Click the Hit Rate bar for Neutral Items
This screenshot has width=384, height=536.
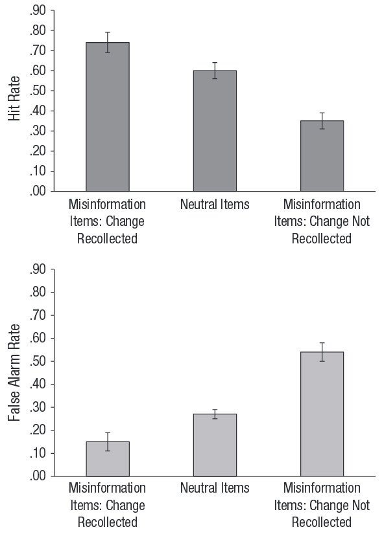click(x=215, y=131)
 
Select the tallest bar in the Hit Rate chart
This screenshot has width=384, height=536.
click(x=108, y=117)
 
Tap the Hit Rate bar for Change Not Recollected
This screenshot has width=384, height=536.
click(x=322, y=156)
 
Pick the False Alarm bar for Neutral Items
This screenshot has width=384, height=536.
click(x=215, y=445)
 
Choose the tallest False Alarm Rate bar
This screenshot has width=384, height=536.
click(x=322, y=414)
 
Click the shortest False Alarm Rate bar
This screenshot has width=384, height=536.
click(x=108, y=459)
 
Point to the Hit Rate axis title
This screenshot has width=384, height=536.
click(x=14, y=98)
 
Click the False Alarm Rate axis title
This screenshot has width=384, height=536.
click(x=14, y=373)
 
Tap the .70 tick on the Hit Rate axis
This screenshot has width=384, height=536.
click(x=38, y=50)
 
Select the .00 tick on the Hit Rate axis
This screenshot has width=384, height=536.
click(x=38, y=191)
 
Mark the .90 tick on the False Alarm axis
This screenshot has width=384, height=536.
click(x=38, y=269)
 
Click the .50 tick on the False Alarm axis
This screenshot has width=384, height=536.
click(x=38, y=361)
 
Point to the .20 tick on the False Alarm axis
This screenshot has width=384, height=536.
click(x=38, y=430)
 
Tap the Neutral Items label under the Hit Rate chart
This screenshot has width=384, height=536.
click(x=215, y=205)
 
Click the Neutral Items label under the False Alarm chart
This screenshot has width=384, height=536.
click(x=215, y=488)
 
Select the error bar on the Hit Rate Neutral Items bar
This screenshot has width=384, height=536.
click(x=215, y=71)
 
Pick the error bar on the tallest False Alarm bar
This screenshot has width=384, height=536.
click(x=322, y=352)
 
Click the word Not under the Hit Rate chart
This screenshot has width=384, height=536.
click(x=361, y=221)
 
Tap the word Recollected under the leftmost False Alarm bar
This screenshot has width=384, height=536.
click(x=108, y=522)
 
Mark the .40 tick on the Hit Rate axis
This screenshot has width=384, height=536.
click(x=38, y=111)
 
